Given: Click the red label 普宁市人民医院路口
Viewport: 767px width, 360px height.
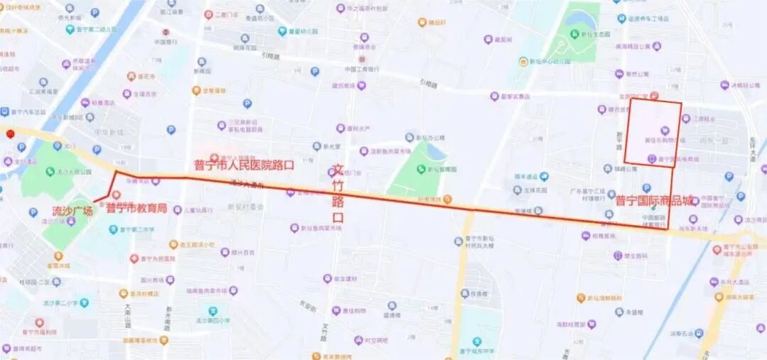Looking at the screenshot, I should (x=244, y=165).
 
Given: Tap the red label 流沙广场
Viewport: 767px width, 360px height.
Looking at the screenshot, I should (x=72, y=211).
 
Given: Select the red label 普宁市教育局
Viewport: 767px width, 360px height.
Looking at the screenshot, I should (x=136, y=208).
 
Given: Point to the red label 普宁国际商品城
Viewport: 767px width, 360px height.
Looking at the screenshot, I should (x=653, y=201).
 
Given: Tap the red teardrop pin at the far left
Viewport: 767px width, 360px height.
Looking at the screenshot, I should (x=10, y=134).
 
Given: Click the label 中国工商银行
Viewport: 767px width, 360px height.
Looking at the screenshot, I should (x=361, y=69).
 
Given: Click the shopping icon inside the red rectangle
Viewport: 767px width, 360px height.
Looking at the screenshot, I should (x=665, y=130).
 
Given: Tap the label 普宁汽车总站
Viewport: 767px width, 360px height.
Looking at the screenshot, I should (x=27, y=112).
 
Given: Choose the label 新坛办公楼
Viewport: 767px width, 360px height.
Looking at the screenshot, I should (x=430, y=138).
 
